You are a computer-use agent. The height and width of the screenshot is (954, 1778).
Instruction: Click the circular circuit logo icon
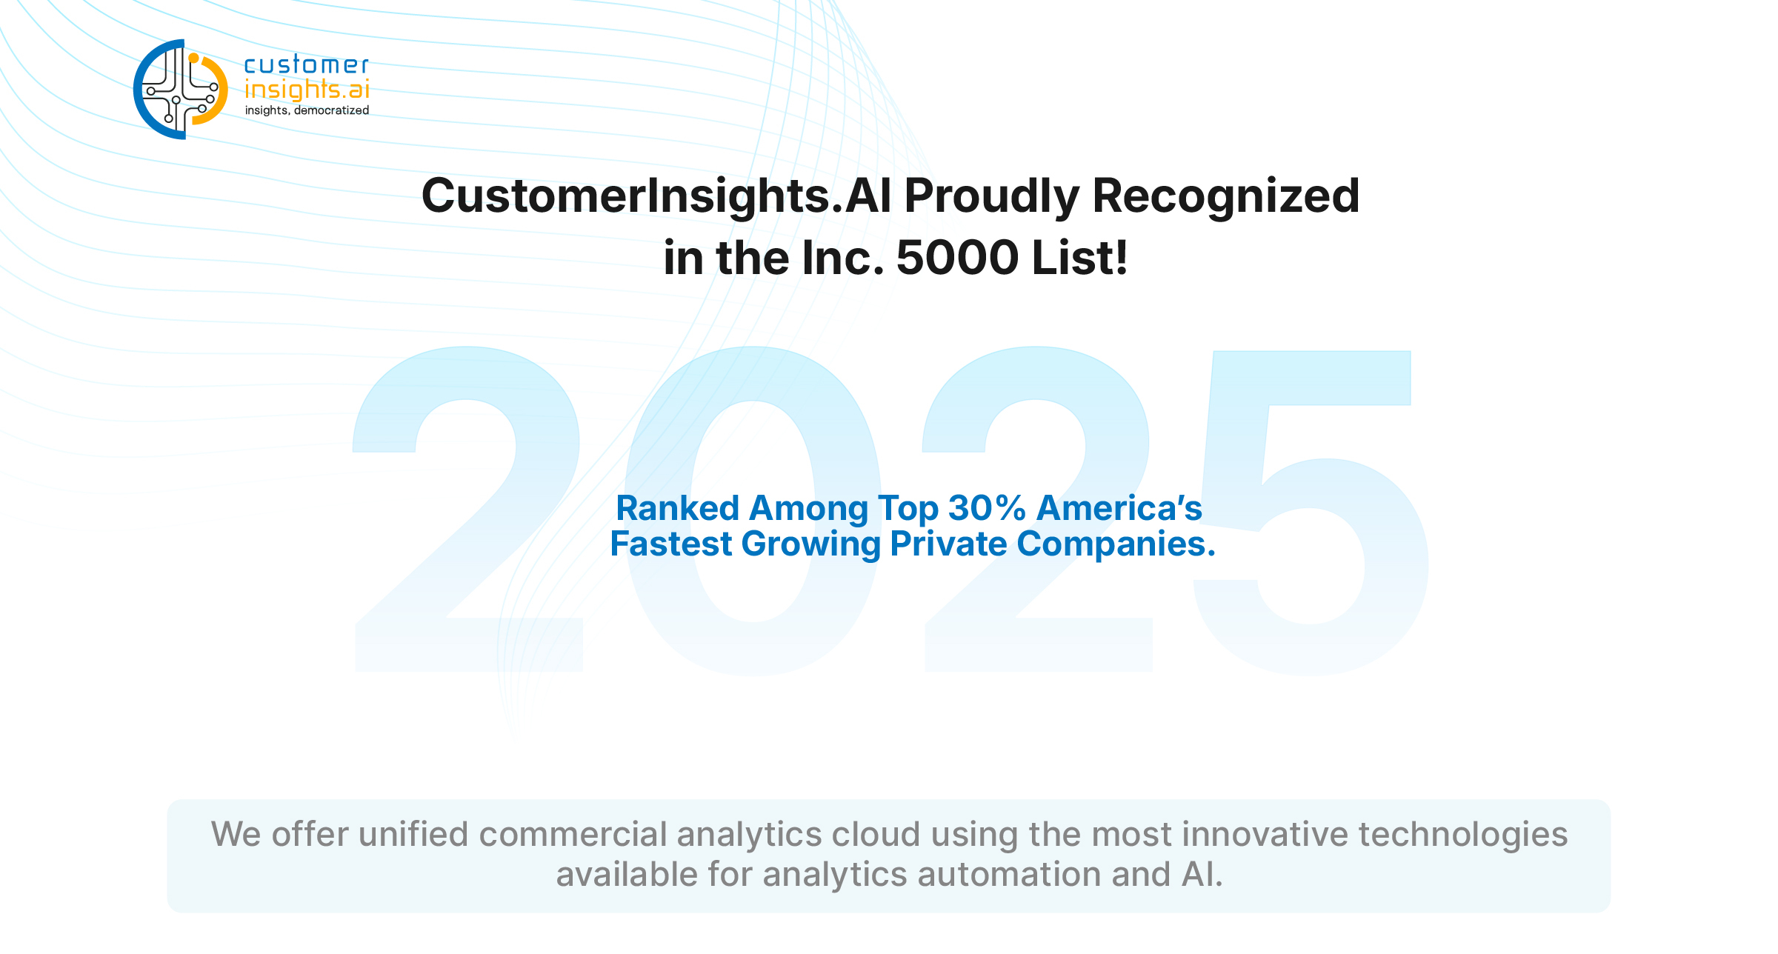click(180, 89)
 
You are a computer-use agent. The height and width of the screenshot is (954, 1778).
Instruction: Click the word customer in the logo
click(307, 64)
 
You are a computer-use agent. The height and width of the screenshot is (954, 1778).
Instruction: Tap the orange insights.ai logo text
click(307, 90)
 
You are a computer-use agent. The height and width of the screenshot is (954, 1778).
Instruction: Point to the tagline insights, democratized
click(307, 110)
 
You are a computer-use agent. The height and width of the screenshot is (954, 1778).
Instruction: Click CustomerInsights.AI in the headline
click(656, 196)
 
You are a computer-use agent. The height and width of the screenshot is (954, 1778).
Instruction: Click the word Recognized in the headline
click(1226, 197)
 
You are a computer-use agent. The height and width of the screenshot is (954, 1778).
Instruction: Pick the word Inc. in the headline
click(843, 258)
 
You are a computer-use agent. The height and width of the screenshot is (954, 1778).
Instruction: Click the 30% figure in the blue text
click(987, 508)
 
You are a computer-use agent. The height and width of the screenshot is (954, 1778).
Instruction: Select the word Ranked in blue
click(678, 508)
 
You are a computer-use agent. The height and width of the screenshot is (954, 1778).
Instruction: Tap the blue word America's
click(1119, 508)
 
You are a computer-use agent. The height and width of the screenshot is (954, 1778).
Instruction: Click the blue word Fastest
click(671, 544)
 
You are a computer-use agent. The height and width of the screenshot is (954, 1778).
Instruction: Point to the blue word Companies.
click(1116, 544)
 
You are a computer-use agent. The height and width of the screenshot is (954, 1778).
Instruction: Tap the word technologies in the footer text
click(1463, 834)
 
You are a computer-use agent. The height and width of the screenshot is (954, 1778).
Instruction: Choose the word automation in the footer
click(1009, 875)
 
